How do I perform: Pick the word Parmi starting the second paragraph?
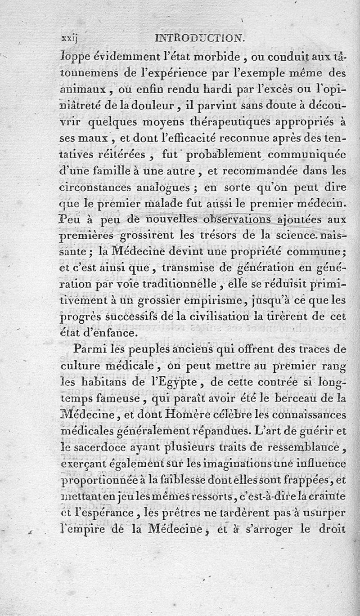coord(87,349)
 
